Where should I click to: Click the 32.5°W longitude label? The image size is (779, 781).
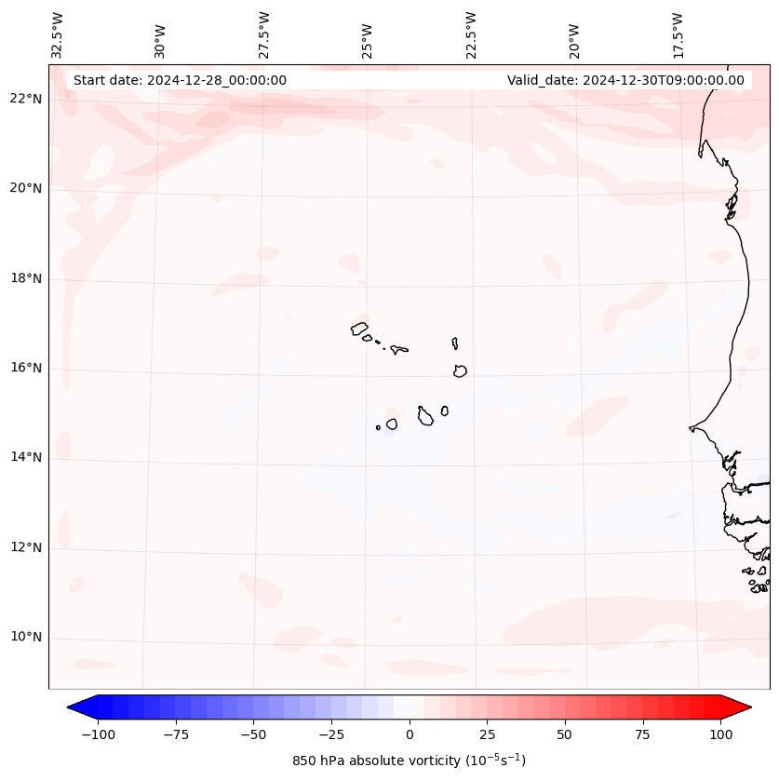click(x=58, y=35)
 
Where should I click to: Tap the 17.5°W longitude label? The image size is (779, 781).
click(x=678, y=35)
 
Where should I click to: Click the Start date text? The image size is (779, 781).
click(x=180, y=80)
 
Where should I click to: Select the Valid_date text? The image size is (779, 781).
click(x=625, y=80)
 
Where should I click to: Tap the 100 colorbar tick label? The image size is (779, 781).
click(x=719, y=734)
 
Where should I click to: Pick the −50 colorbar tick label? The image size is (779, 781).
click(x=253, y=734)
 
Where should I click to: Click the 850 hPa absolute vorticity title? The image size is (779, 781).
click(x=409, y=761)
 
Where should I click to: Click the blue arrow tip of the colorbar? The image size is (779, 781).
click(x=71, y=707)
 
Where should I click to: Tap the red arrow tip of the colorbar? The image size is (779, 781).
click(x=747, y=707)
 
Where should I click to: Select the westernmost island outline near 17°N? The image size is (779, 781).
click(x=359, y=329)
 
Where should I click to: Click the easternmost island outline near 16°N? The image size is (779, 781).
click(x=460, y=370)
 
